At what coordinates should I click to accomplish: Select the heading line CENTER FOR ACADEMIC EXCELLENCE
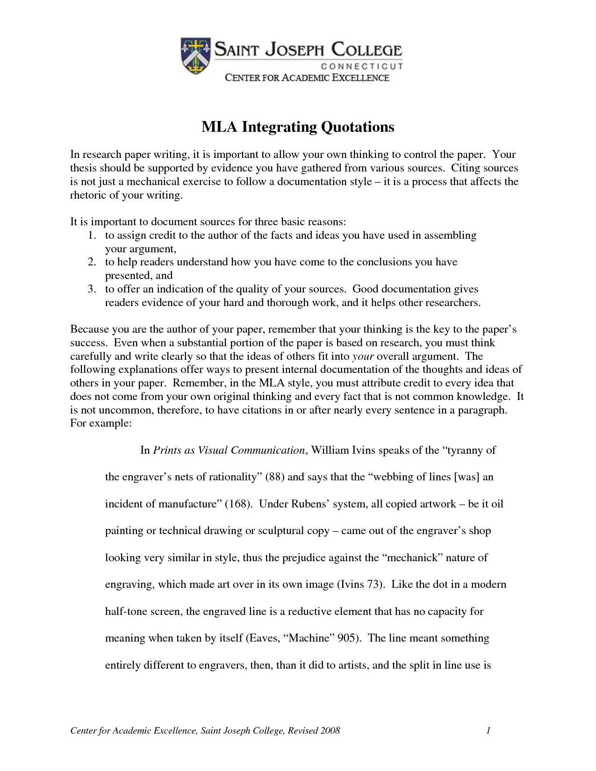point(307,78)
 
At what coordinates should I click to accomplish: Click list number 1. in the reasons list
point(92,235)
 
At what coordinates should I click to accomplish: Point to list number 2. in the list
point(92,262)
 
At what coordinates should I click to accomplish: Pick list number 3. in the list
point(92,289)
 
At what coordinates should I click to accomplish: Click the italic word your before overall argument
point(363,357)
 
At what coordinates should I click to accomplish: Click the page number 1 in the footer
point(488,731)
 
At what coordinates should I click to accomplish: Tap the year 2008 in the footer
point(330,731)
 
